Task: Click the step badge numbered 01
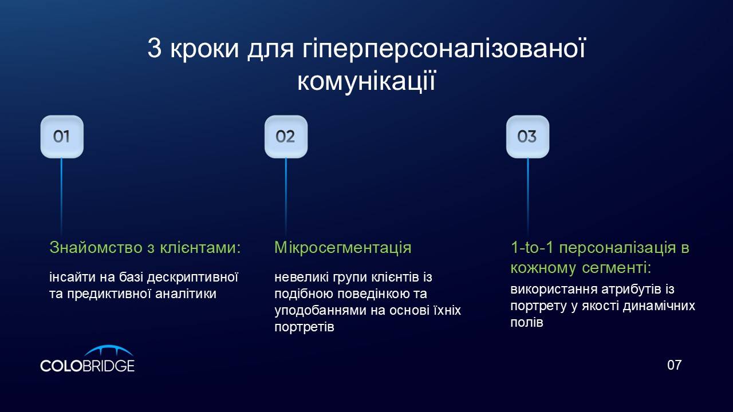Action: click(x=62, y=137)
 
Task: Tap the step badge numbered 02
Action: click(x=286, y=137)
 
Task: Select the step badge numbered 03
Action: click(x=527, y=137)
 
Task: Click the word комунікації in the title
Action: click(x=366, y=81)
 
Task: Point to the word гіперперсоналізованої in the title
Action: click(x=444, y=49)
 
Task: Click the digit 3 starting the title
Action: click(x=154, y=49)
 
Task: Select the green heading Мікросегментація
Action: click(x=342, y=248)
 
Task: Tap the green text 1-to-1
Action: click(x=532, y=248)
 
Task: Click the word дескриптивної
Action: click(x=192, y=278)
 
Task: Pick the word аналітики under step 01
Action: click(x=186, y=294)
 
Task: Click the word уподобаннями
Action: click(x=320, y=310)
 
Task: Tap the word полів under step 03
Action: click(x=527, y=322)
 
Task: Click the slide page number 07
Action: click(x=674, y=365)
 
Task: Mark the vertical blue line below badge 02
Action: click(x=286, y=197)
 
